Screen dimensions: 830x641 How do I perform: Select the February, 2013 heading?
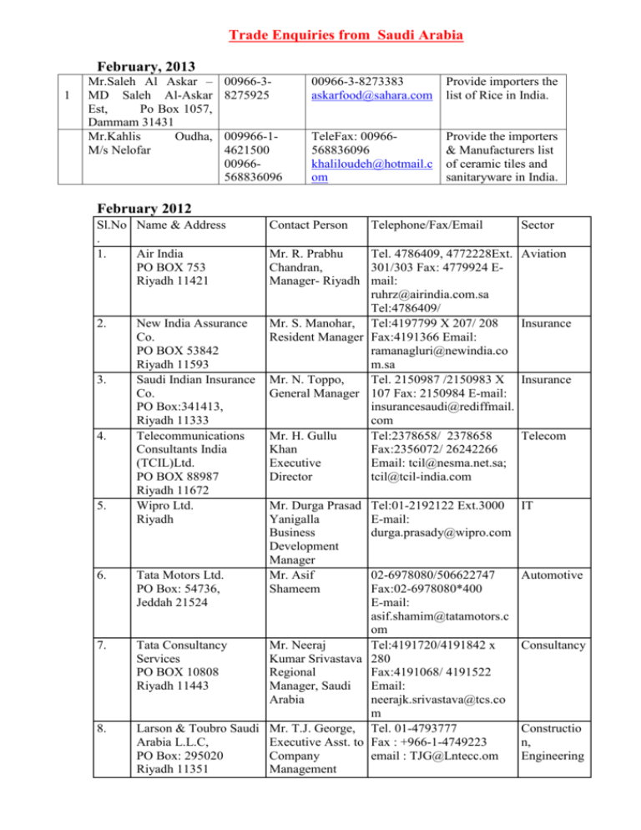pyautogui.click(x=147, y=68)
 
